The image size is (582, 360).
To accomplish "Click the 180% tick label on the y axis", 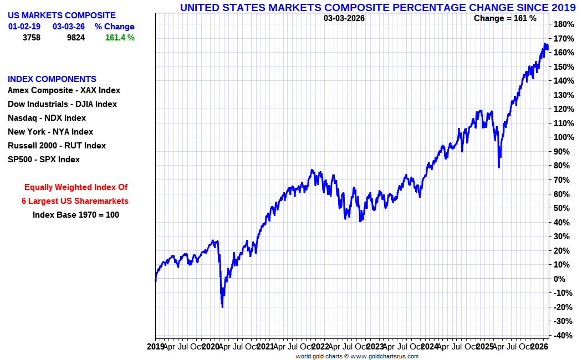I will coord(563,24).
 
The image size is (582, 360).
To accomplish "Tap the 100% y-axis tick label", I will coord(563,137).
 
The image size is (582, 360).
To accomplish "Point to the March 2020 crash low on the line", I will coord(222,306).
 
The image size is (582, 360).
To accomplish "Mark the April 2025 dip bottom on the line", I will coord(499,167).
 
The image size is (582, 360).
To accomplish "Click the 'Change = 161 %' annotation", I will coord(505,18).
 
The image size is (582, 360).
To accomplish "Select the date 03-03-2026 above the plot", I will coord(344,18).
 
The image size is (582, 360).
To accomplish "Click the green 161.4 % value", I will coord(120,38).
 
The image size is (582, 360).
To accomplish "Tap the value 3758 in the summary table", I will coord(32,38).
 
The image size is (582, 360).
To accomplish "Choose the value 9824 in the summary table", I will coord(75,38).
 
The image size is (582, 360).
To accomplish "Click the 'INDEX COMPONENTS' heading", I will coord(52,79).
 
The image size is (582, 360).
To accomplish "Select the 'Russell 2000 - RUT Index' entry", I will coord(57,146).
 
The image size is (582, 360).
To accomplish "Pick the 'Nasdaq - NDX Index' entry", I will coord(47,118).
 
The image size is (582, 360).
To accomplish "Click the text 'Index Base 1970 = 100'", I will coord(76,215).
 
